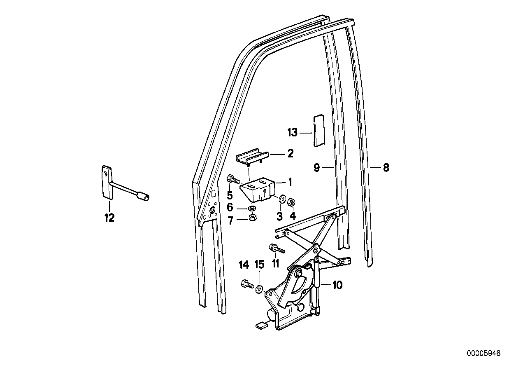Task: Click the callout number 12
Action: (109, 218)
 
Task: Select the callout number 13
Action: (292, 133)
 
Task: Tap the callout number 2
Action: (290, 154)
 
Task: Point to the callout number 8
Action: (386, 168)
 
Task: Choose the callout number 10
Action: (337, 285)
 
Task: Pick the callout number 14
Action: (244, 264)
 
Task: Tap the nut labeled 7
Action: (252, 218)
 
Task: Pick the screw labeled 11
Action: (277, 248)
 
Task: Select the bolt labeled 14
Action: (245, 284)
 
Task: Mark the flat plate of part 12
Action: (107, 183)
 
